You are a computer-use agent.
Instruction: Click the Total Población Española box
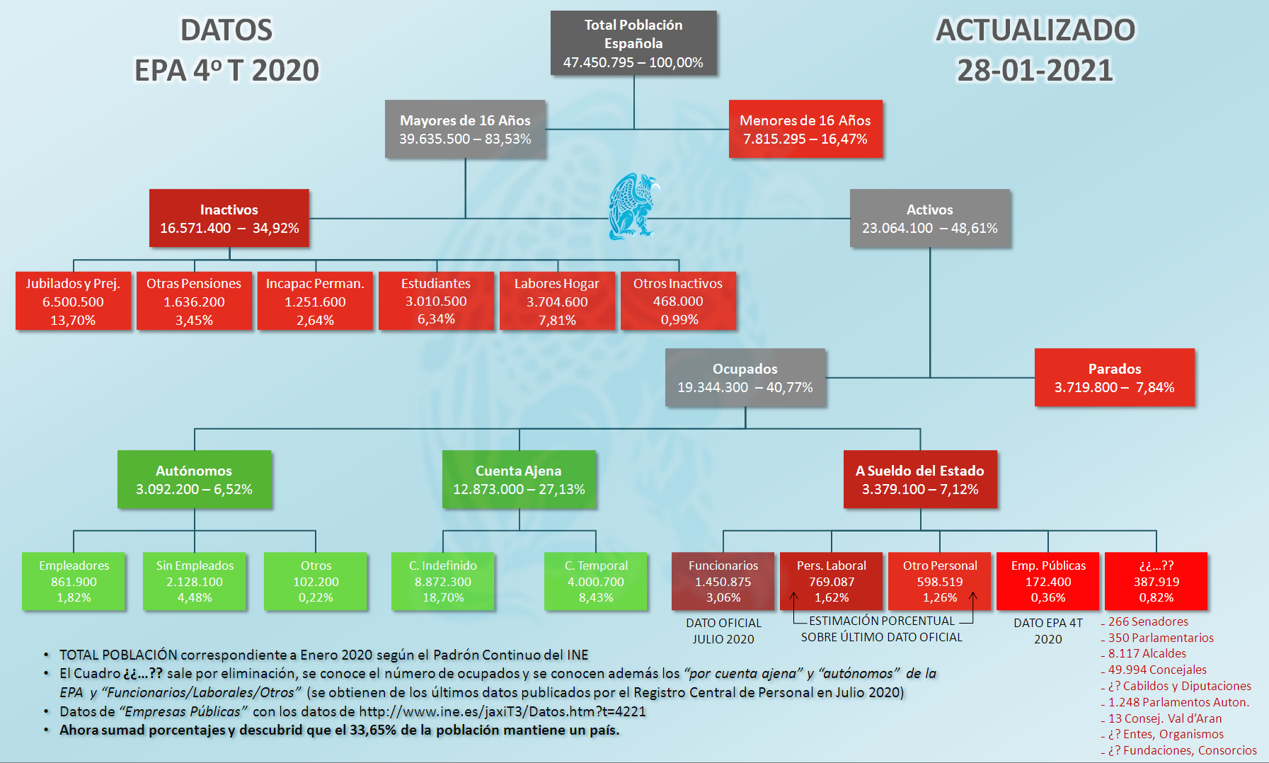tap(633, 43)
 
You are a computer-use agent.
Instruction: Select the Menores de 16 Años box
tap(805, 129)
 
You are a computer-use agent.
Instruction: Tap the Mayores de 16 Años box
tap(465, 129)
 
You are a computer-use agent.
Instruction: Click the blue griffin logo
tap(633, 206)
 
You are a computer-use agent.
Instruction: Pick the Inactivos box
tap(229, 218)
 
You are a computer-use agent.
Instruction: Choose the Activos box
tap(930, 218)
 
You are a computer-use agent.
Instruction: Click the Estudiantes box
tap(436, 301)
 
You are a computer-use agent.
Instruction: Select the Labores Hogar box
tap(557, 301)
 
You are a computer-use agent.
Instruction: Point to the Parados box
tap(1115, 377)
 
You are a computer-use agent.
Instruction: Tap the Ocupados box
tap(745, 377)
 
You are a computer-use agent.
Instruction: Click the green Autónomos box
tap(194, 479)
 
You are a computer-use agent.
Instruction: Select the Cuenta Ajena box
tap(519, 479)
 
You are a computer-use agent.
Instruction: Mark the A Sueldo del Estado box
tap(920, 479)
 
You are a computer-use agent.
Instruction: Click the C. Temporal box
tap(596, 581)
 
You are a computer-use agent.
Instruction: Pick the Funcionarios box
tap(723, 581)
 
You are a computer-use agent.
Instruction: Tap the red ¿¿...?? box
tap(1156, 581)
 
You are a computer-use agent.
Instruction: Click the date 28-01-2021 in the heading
tap(1035, 70)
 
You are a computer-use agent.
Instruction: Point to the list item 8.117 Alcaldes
tap(1147, 653)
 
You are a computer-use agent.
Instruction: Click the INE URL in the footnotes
tap(503, 711)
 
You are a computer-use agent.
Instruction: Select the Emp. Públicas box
tap(1048, 581)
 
